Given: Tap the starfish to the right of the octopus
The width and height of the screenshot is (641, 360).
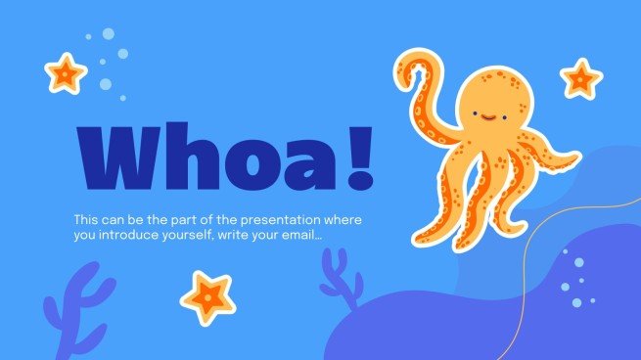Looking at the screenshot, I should [580, 77].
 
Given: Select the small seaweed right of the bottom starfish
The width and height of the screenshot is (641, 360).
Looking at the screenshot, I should [339, 277].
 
